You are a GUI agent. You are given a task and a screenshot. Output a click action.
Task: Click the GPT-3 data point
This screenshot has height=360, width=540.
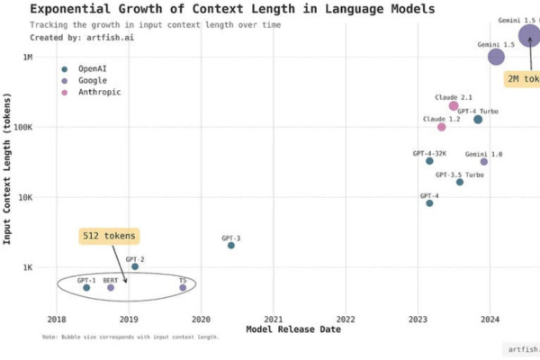[x=231, y=245]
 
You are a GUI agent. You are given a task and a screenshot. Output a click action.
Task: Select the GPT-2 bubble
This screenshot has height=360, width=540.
[x=135, y=266]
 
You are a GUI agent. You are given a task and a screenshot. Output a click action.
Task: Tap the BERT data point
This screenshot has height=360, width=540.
[x=111, y=287]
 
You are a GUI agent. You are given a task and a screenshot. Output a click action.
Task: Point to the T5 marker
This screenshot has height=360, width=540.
[x=183, y=288]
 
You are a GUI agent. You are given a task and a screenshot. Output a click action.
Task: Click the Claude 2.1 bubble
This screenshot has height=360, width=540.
[x=454, y=106]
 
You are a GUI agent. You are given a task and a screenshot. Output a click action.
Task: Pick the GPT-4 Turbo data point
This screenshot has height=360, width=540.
[x=478, y=120]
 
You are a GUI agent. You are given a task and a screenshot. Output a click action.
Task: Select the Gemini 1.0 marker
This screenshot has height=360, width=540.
[x=483, y=162]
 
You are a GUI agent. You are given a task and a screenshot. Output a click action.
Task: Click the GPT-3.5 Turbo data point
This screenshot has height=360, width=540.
[x=460, y=182]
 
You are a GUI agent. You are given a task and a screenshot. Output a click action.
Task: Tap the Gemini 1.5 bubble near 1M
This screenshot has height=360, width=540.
[x=496, y=57]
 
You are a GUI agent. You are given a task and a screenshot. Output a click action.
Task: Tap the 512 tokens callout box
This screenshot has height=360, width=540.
[x=109, y=236]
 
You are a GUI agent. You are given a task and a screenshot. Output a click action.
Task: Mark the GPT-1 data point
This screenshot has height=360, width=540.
[x=86, y=287]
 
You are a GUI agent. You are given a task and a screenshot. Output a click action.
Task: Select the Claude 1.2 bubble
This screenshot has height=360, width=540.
[x=441, y=127]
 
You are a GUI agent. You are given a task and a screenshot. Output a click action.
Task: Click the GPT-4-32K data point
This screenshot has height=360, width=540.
[x=429, y=161]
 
